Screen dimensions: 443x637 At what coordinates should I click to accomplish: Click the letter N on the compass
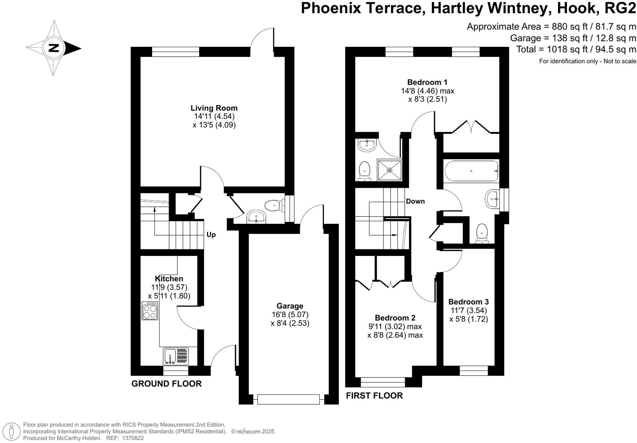(54, 48)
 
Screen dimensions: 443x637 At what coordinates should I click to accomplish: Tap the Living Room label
(214, 108)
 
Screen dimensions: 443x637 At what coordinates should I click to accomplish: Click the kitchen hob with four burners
(150, 311)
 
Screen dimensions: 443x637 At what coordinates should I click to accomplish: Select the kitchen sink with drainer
(176, 356)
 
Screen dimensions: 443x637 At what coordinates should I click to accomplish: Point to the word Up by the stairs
(211, 235)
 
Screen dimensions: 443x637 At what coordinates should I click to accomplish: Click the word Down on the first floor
(415, 201)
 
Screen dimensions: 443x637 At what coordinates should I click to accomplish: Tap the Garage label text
(290, 306)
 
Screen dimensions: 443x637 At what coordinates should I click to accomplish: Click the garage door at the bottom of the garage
(288, 399)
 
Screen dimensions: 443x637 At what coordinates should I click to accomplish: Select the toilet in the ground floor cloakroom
(273, 205)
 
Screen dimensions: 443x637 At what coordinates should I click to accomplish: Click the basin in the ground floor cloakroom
(256, 217)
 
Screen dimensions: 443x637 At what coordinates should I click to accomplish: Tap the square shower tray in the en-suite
(389, 170)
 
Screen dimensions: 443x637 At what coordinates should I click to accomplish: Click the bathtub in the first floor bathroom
(471, 171)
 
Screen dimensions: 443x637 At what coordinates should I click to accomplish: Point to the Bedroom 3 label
(468, 301)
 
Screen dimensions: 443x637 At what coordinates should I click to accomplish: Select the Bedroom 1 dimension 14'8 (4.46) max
(427, 91)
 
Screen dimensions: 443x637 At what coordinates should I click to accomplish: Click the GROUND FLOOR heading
(166, 384)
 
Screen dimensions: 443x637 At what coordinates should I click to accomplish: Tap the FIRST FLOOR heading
(374, 395)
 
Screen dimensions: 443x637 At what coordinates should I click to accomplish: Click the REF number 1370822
(133, 438)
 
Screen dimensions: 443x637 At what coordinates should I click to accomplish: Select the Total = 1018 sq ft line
(576, 49)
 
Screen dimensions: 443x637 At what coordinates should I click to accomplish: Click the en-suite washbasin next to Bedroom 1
(366, 145)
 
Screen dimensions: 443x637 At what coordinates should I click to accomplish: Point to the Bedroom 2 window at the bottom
(383, 382)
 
